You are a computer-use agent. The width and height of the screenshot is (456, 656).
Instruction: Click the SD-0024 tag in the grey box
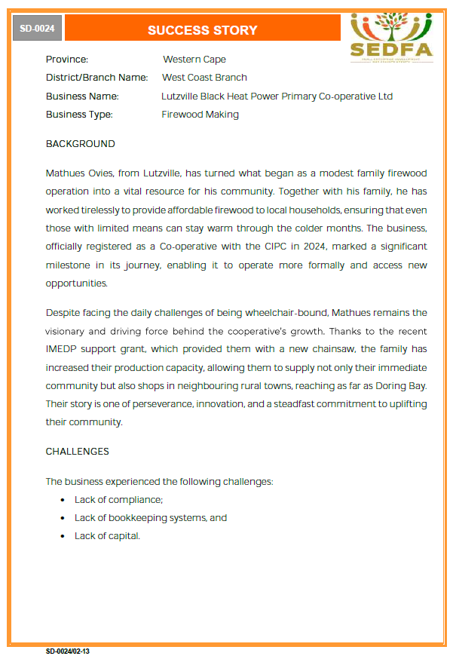[37, 29]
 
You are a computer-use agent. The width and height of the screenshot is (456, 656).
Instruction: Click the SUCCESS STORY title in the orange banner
[202, 30]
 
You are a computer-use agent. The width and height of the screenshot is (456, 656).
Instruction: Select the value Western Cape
[194, 60]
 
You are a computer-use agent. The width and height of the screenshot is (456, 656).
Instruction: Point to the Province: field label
[67, 60]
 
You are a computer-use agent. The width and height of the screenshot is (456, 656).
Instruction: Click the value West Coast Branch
[204, 78]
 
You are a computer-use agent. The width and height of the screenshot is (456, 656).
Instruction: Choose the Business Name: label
[82, 97]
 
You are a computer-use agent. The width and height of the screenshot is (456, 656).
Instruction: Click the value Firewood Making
[200, 115]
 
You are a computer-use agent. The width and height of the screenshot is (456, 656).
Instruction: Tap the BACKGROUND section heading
[81, 144]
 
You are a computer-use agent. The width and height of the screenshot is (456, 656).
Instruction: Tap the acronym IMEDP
[63, 350]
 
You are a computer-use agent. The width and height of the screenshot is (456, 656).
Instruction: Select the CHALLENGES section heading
[78, 452]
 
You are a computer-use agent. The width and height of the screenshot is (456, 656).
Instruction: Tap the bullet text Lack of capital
[107, 536]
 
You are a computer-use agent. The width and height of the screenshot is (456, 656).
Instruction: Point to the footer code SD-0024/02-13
[67, 650]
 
